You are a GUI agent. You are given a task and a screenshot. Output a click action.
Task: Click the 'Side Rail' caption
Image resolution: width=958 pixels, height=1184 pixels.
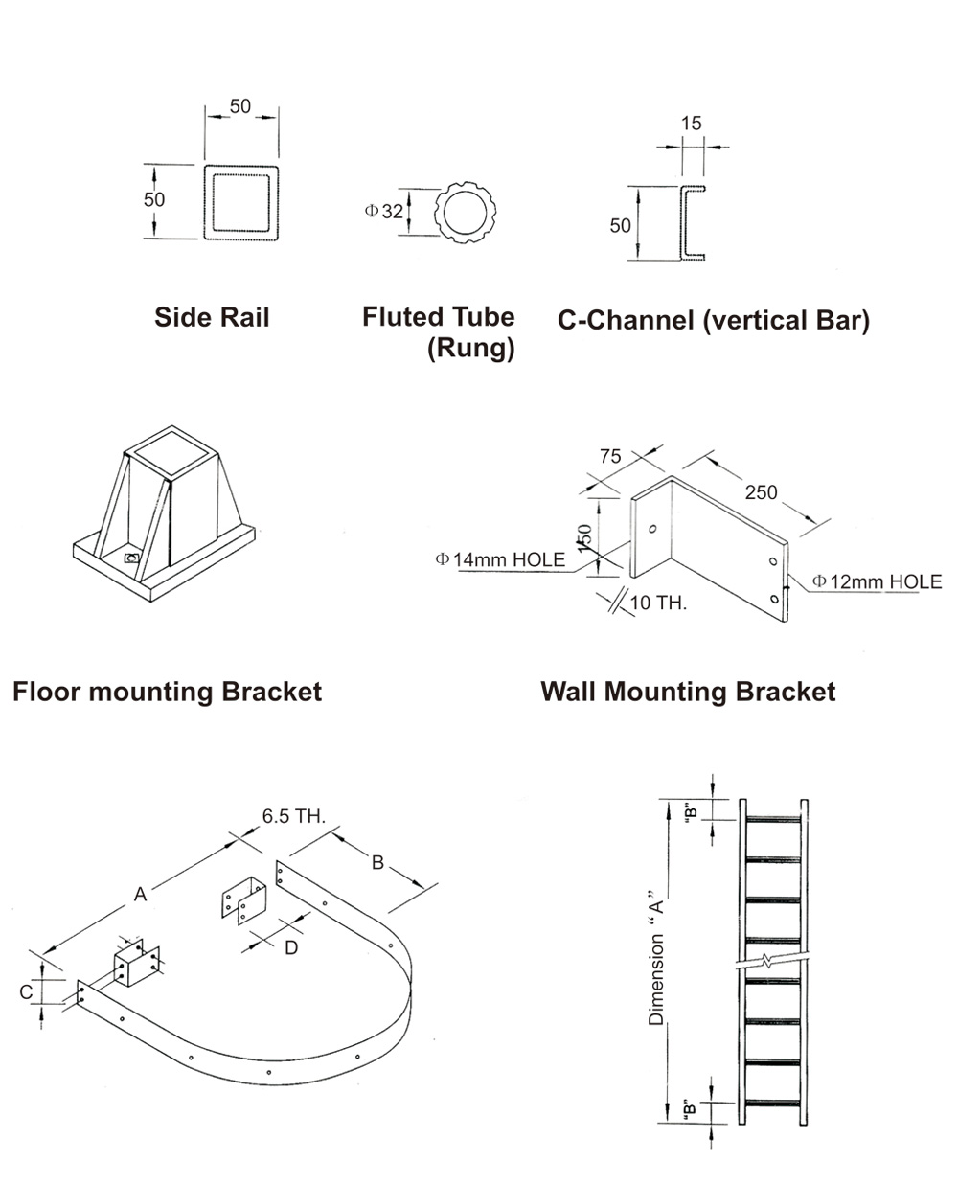[212, 317]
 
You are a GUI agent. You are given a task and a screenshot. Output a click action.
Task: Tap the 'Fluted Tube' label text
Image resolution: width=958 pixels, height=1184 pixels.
[438, 317]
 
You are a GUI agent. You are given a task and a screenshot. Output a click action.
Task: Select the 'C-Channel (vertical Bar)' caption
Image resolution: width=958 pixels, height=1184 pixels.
[713, 320]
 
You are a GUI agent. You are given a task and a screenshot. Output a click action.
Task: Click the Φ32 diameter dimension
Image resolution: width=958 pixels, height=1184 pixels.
[384, 212]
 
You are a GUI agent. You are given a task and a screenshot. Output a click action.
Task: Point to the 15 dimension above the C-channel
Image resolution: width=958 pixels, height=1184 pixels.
[691, 124]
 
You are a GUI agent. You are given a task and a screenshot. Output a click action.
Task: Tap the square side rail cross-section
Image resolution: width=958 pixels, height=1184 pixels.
[241, 202]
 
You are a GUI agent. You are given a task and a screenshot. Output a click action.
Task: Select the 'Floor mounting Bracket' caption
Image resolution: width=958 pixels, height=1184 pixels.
[167, 692]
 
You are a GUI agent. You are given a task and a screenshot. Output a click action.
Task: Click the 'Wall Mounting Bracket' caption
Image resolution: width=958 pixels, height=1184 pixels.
[687, 692]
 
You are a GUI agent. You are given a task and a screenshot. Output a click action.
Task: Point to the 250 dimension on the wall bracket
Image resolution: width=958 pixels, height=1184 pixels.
[762, 492]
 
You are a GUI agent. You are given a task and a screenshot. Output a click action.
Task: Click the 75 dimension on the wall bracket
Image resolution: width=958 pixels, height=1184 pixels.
[610, 457]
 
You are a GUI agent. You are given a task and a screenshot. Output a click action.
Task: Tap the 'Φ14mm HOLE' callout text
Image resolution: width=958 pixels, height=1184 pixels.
[500, 559]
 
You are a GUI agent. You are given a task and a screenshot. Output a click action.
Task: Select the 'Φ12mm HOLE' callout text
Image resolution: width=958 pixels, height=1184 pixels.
[877, 581]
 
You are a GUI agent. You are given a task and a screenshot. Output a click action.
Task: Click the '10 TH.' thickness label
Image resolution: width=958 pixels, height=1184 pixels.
[658, 603]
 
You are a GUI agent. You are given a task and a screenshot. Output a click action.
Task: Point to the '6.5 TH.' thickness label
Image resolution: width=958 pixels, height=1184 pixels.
[294, 817]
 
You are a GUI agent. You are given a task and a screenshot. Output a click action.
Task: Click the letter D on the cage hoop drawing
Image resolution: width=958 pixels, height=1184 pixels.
[291, 947]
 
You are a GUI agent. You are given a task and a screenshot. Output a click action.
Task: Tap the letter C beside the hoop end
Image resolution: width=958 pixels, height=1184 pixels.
[26, 992]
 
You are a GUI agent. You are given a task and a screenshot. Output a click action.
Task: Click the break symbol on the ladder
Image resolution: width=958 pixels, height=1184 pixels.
[768, 960]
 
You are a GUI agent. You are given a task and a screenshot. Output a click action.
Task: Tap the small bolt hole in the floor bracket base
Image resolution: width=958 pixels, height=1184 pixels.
[132, 558]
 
